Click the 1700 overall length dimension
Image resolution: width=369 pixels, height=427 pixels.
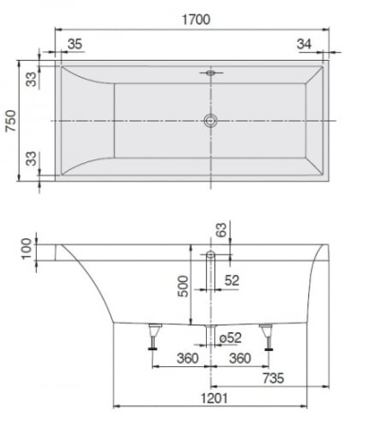pos(198,18)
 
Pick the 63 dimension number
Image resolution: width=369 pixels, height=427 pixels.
pos(222,229)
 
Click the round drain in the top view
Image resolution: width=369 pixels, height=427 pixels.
pos(210,121)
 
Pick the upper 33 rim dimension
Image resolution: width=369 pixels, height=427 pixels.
pos(31,80)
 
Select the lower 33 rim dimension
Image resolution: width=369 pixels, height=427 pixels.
pos(31,158)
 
